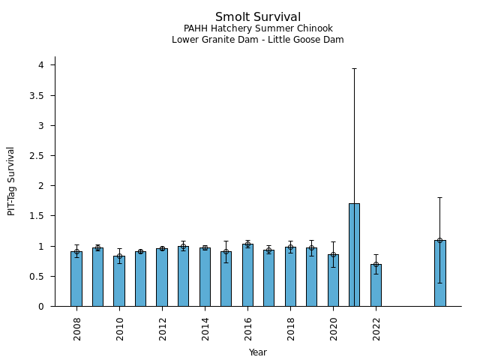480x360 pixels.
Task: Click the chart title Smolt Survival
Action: [258, 16]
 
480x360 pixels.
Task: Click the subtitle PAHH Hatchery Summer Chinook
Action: [258, 28]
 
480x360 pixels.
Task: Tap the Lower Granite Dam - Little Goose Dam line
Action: [258, 40]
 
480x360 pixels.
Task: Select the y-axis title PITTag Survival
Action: [11, 181]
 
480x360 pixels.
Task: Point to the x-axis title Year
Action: [258, 352]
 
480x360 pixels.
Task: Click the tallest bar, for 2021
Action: [354, 255]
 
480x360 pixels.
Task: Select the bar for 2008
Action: [76, 279]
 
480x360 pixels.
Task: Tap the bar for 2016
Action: [247, 275]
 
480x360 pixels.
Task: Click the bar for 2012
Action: [162, 277]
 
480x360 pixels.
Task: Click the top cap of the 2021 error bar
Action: [354, 68]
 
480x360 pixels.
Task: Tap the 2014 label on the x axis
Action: [205, 328]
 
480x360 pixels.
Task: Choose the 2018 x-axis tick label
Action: [290, 328]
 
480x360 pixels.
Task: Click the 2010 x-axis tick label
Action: [119, 328]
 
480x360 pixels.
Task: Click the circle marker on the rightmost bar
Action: [439, 240]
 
